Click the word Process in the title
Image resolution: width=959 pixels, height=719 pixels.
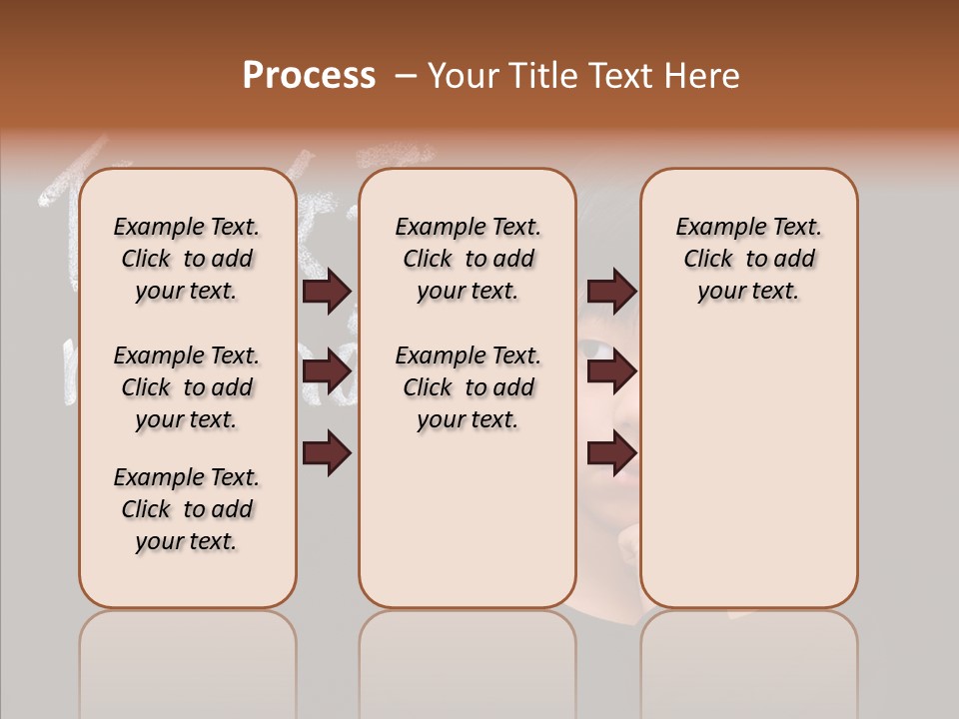click(309, 75)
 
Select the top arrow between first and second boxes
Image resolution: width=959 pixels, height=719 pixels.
click(327, 292)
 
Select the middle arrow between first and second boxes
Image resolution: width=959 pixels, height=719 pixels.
click(327, 372)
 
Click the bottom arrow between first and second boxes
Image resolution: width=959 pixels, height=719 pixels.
click(327, 452)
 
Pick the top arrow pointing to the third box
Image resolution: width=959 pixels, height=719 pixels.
click(611, 292)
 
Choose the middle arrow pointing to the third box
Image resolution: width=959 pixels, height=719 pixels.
click(611, 372)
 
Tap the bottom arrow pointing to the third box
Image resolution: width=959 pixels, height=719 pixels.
click(611, 452)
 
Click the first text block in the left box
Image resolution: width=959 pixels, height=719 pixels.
click(187, 259)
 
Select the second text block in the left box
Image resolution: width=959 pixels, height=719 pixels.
click(187, 387)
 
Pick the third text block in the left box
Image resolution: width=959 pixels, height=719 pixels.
click(187, 509)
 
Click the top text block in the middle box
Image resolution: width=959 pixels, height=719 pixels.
click(468, 259)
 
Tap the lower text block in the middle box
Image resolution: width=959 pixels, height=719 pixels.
click(468, 387)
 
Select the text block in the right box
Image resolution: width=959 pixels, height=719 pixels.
click(749, 259)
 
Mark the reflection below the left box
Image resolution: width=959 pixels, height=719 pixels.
click(187, 659)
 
